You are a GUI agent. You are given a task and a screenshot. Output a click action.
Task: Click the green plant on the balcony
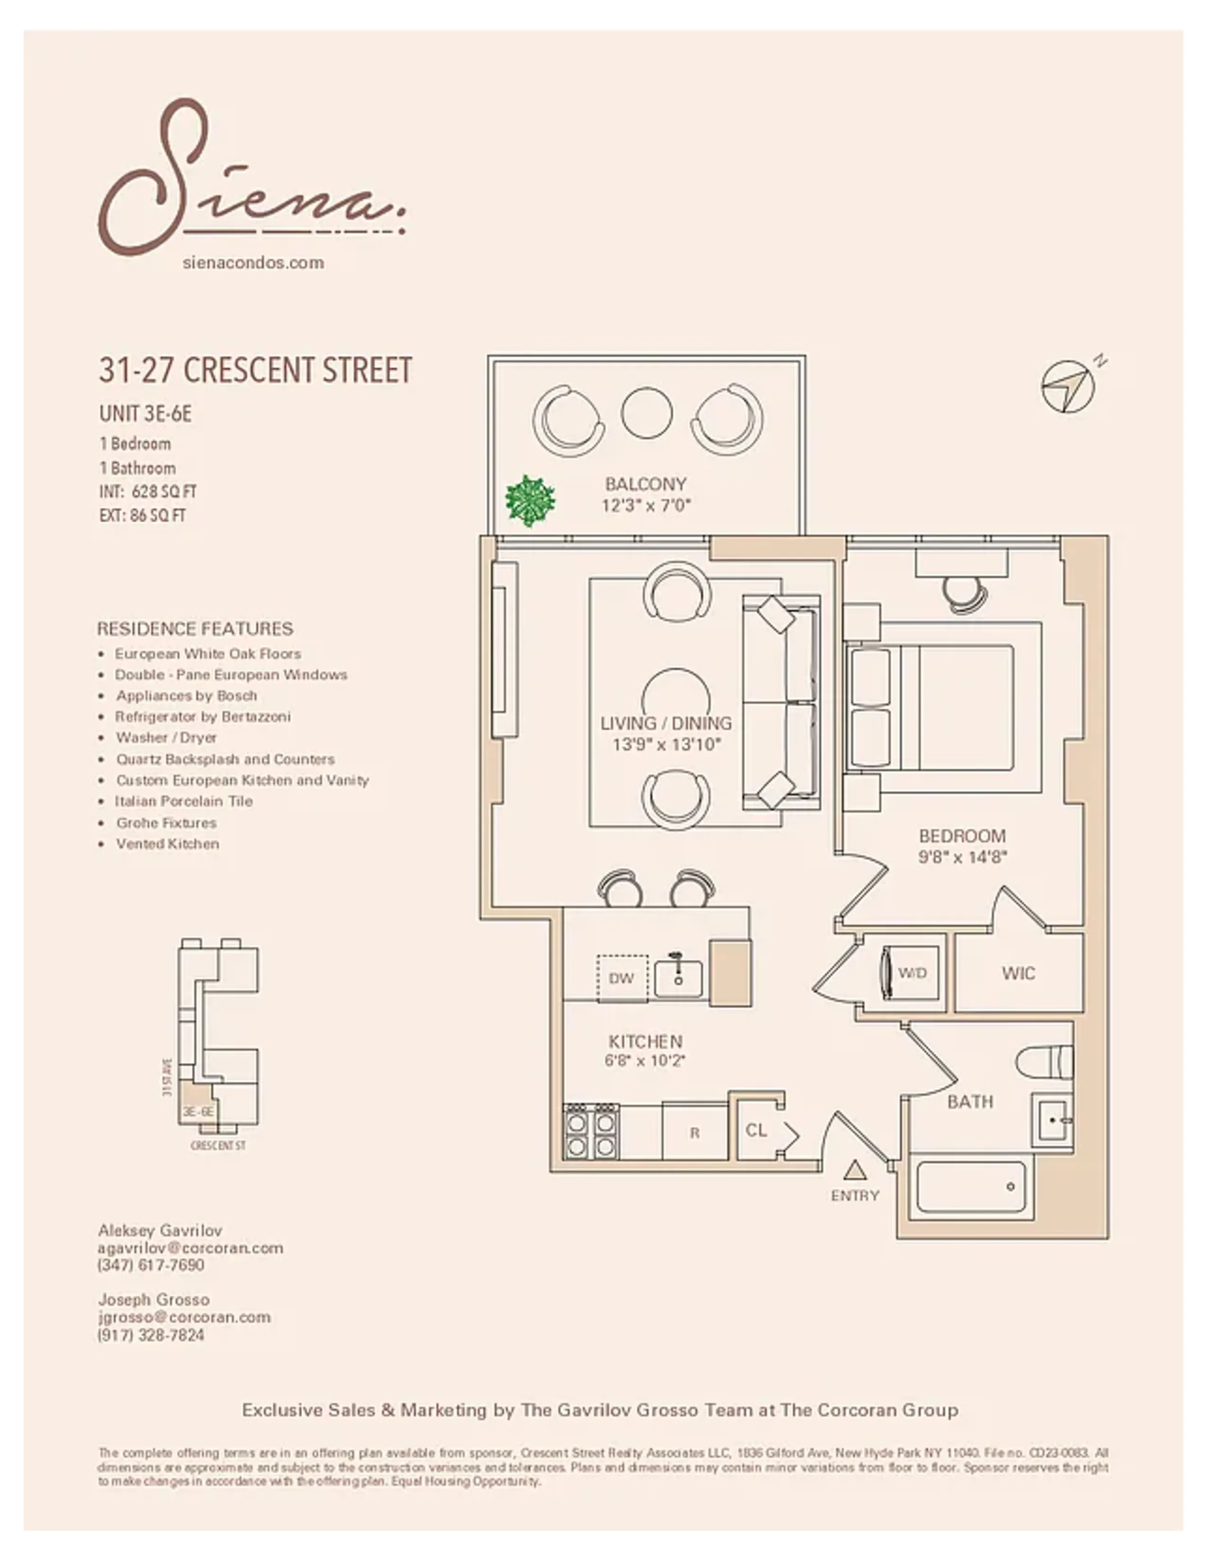point(530,501)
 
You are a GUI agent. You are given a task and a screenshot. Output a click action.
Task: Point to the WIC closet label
point(1018,973)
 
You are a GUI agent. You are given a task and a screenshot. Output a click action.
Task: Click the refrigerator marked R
point(694,1133)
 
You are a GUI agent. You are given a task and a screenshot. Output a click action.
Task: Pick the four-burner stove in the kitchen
point(591,1131)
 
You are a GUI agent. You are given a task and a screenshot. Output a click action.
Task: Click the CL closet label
point(756,1130)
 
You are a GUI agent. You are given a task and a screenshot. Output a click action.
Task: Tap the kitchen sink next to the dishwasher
point(678,978)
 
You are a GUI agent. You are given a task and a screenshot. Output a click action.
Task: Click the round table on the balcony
point(647,413)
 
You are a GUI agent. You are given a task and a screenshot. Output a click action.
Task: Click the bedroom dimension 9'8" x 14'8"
point(962,856)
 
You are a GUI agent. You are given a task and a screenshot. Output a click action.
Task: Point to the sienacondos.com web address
point(253,263)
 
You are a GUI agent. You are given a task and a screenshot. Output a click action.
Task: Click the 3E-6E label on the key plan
point(197,1112)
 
